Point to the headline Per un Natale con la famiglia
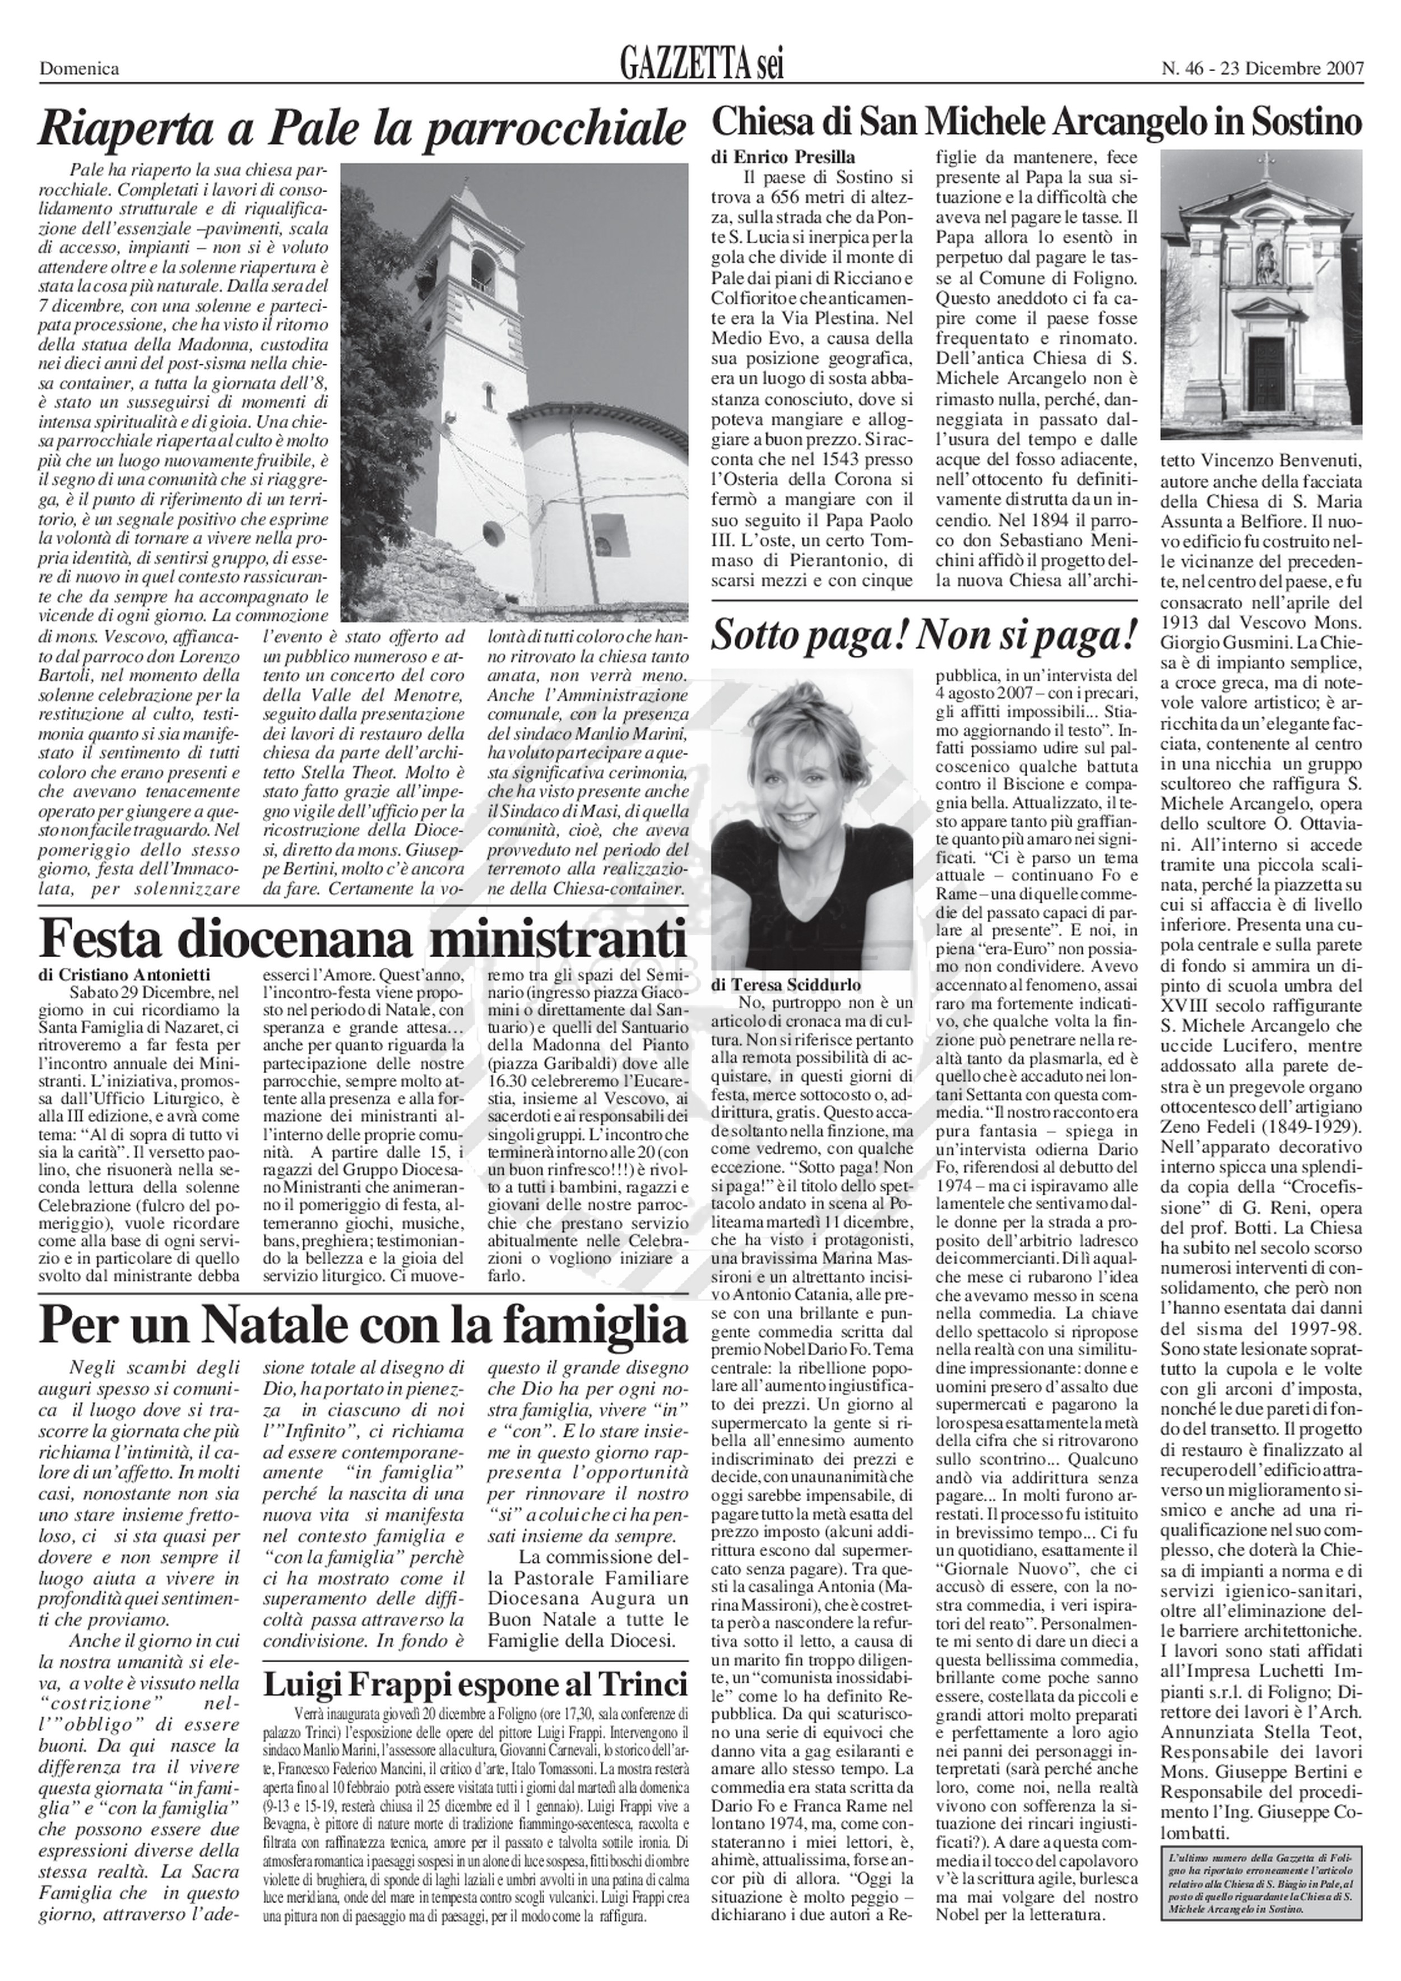point(363,1326)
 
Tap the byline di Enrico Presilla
point(783,158)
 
